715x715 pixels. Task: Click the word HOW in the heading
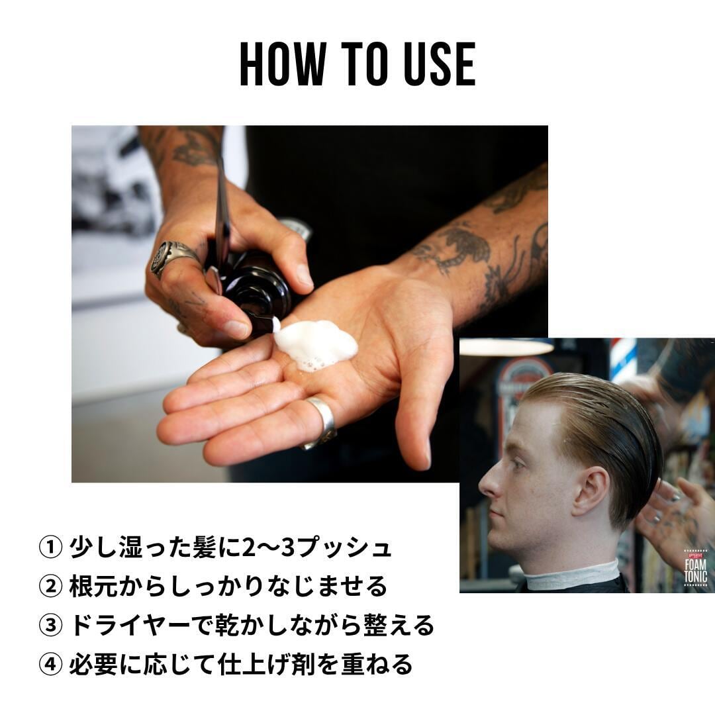[x=283, y=64]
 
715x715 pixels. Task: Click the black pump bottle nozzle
[x=256, y=292]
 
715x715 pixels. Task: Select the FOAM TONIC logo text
[x=695, y=571]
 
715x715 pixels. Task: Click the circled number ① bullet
[x=50, y=548]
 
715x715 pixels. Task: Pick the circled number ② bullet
[x=50, y=587]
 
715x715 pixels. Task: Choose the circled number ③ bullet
[x=50, y=626]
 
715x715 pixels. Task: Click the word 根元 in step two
[x=94, y=587]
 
